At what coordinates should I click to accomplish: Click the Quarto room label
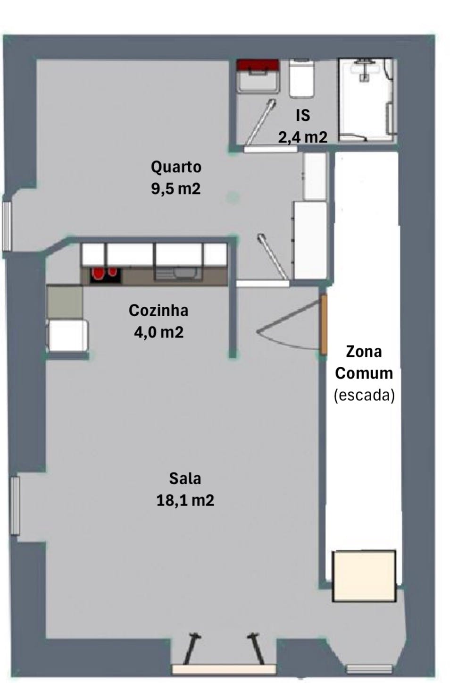[176, 168]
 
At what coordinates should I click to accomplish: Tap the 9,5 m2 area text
[176, 189]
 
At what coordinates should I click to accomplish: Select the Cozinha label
[158, 311]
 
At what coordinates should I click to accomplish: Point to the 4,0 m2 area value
[159, 332]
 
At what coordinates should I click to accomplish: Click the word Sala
[185, 479]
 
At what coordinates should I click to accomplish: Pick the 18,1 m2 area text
[185, 500]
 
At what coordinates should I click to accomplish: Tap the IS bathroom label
[303, 116]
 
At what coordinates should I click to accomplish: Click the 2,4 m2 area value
[302, 137]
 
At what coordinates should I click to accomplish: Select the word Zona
[364, 352]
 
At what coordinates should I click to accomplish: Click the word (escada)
[364, 395]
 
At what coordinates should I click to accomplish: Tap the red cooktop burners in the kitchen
[105, 275]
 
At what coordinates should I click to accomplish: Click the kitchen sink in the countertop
[178, 273]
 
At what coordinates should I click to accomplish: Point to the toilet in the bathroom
[301, 79]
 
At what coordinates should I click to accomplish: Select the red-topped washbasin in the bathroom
[258, 76]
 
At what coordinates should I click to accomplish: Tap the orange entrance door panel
[324, 324]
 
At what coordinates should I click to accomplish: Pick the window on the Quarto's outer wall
[7, 226]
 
